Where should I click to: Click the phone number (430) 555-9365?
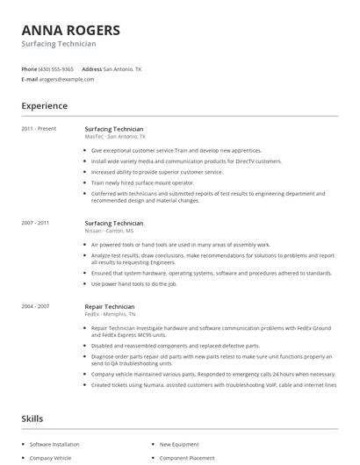[57, 68]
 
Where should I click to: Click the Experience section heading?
[44, 106]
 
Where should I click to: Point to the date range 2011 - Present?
[40, 129]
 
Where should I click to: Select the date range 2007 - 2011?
[36, 224]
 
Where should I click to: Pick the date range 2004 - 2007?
[36, 307]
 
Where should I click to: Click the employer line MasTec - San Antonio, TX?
[115, 137]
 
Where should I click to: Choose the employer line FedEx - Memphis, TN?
[112, 315]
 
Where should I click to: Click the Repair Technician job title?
[110, 307]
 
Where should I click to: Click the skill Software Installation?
[54, 445]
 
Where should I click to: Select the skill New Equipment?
[178, 445]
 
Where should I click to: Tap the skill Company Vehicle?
[49, 458]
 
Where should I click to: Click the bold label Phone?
[29, 68]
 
